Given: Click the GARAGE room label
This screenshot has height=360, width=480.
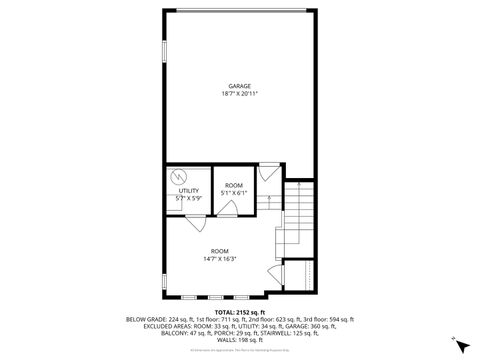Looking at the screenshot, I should pyautogui.click(x=239, y=86).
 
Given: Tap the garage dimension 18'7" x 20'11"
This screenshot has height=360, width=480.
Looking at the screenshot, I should pyautogui.click(x=239, y=94).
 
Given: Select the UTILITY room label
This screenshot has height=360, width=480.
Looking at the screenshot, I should pyautogui.click(x=188, y=191).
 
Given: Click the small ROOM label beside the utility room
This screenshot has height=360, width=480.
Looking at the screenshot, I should pyautogui.click(x=234, y=186).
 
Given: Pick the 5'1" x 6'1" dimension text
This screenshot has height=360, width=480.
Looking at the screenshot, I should pyautogui.click(x=234, y=193).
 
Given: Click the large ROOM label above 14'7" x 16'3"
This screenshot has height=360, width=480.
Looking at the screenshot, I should pyautogui.click(x=219, y=251).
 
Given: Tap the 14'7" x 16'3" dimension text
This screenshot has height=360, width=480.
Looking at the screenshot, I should pyautogui.click(x=219, y=259).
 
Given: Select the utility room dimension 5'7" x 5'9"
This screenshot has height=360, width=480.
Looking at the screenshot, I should pyautogui.click(x=187, y=198).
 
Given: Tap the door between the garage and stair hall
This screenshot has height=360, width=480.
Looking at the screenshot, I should pyautogui.click(x=268, y=173).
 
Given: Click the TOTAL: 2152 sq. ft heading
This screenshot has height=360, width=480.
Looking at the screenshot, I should pyautogui.click(x=240, y=312).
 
